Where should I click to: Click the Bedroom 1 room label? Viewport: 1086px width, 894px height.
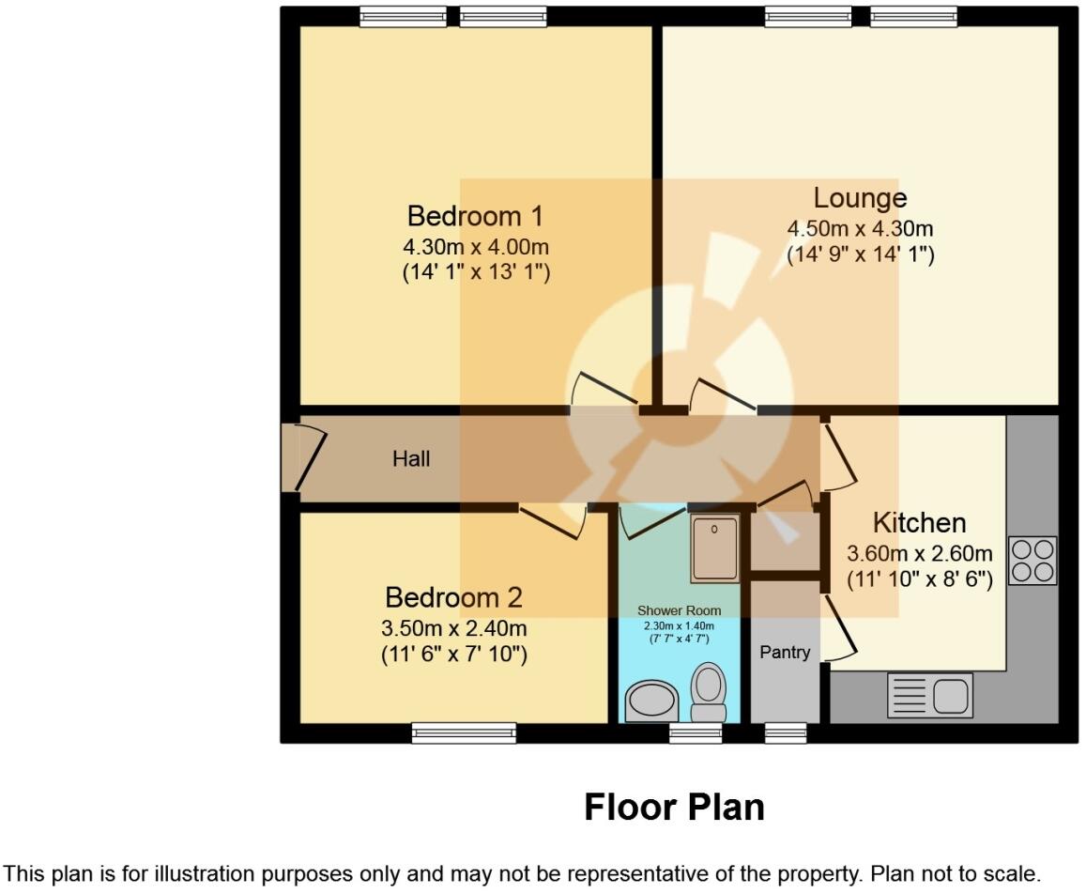(x=475, y=216)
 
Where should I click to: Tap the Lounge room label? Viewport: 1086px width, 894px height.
(x=860, y=198)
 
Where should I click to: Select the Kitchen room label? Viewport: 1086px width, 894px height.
(x=919, y=523)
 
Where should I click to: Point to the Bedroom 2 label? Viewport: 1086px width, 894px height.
(x=453, y=597)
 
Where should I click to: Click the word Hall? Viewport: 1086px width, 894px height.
(x=411, y=459)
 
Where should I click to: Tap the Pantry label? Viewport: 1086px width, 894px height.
(x=785, y=652)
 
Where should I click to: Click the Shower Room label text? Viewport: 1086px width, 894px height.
(x=679, y=610)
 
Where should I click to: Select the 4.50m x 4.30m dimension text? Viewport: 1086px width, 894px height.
(x=860, y=229)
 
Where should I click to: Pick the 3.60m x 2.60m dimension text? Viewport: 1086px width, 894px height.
(x=919, y=553)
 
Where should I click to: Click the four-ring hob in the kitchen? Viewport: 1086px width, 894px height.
(x=1032, y=560)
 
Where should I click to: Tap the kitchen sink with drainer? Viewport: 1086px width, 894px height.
(x=929, y=696)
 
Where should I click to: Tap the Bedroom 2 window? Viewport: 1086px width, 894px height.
(x=465, y=732)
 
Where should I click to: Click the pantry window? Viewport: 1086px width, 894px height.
(x=786, y=732)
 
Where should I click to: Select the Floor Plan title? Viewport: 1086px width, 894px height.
(x=674, y=807)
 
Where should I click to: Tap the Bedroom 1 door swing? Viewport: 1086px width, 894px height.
(x=601, y=390)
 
